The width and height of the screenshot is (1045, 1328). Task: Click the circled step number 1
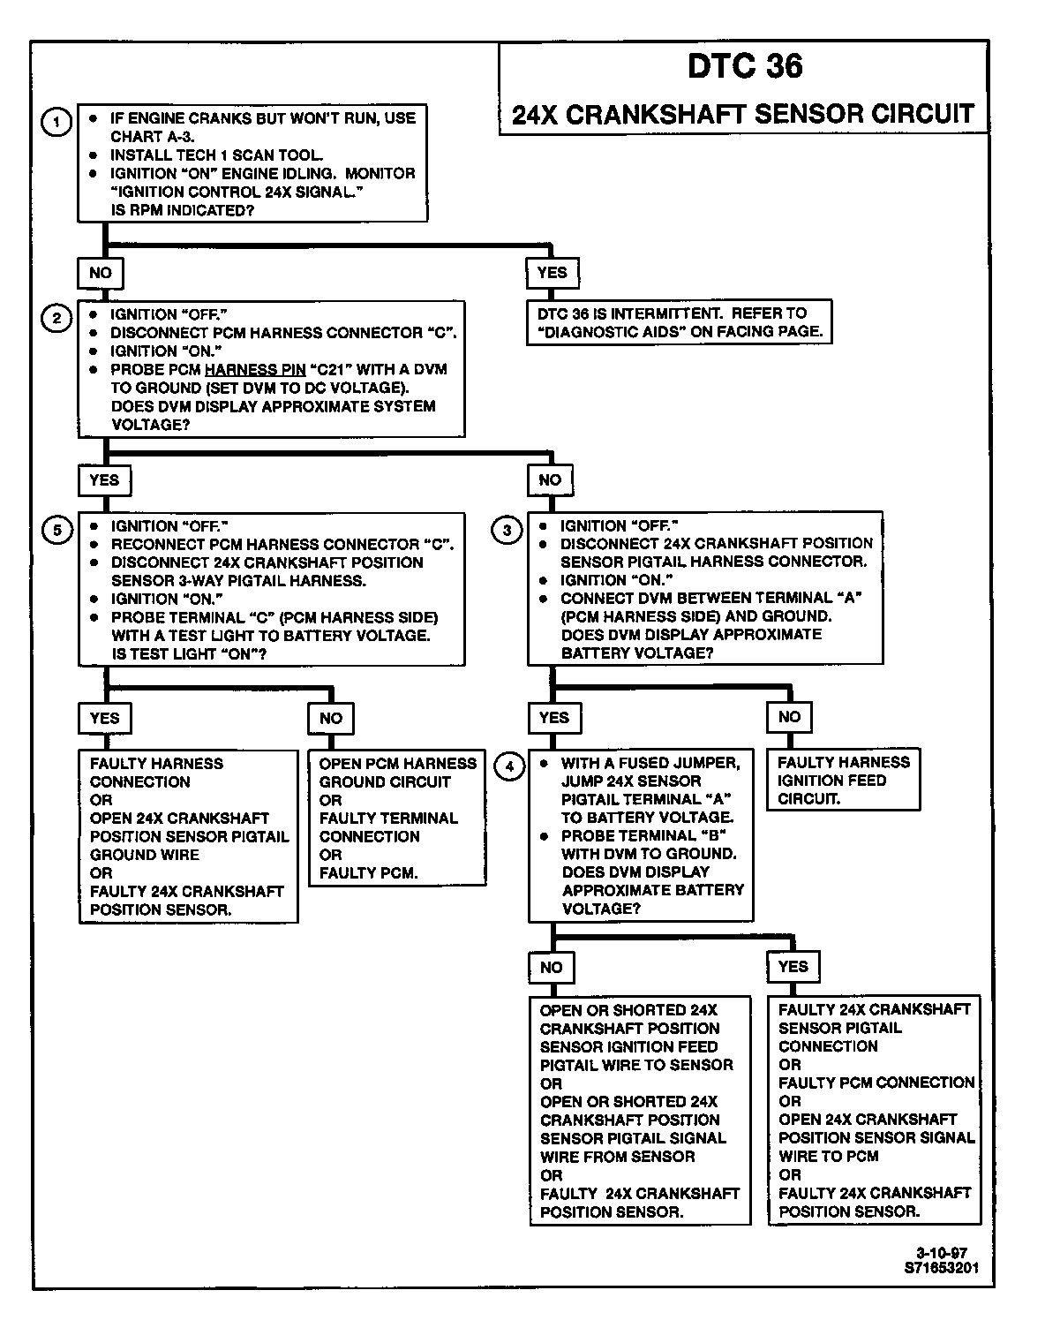[x=57, y=122]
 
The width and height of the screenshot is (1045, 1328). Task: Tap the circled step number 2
[x=57, y=318]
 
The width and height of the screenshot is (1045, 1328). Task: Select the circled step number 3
[x=507, y=530]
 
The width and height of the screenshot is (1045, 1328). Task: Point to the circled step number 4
[x=508, y=766]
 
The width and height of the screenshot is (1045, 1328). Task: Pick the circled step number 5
[x=57, y=530]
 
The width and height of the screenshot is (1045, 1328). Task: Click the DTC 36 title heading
[x=745, y=66]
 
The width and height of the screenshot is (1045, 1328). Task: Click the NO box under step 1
[x=101, y=273]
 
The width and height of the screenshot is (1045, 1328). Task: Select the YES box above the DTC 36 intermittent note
[x=552, y=273]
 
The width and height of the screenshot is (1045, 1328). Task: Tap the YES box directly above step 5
[x=104, y=480]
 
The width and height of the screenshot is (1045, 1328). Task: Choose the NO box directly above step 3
[x=550, y=480]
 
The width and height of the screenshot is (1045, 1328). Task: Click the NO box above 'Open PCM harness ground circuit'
[x=331, y=718]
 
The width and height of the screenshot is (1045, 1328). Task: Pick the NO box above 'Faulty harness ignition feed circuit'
[x=789, y=717]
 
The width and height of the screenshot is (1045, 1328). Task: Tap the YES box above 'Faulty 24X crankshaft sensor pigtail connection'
[x=793, y=966]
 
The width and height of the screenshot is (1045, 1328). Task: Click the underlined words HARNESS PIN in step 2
[x=255, y=369]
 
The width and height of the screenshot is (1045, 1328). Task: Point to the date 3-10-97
[x=941, y=1253]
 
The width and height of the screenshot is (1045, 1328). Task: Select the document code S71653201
[x=941, y=1268]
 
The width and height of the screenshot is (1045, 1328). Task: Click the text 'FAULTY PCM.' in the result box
[x=369, y=873]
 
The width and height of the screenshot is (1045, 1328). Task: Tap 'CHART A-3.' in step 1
[x=153, y=137]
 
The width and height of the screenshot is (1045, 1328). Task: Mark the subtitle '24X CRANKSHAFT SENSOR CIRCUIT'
[x=743, y=114]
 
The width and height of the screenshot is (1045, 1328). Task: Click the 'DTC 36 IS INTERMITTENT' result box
[x=680, y=322]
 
